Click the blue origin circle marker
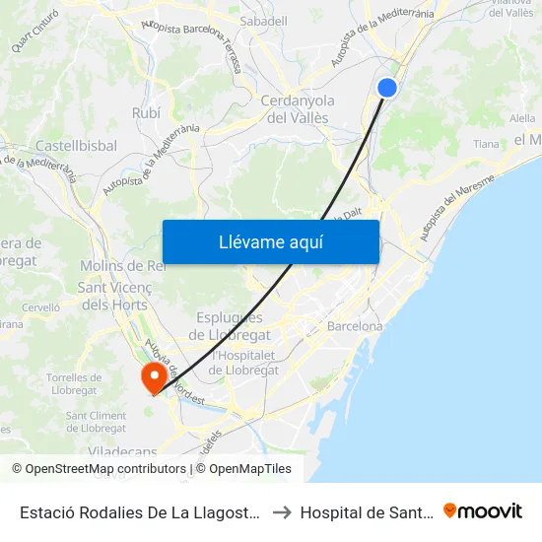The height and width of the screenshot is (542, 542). click(x=387, y=88)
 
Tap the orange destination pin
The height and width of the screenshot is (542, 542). click(x=154, y=376)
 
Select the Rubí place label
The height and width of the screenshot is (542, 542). click(x=146, y=113)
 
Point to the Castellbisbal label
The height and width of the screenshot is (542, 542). click(x=76, y=146)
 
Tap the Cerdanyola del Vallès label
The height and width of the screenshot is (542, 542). click(x=298, y=108)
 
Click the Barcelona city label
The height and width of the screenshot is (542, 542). click(x=355, y=325)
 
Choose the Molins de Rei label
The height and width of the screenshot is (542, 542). click(x=122, y=267)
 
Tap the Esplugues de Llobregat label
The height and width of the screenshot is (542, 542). click(x=229, y=325)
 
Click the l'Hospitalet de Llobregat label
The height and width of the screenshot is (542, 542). click(x=243, y=362)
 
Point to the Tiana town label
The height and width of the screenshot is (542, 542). click(x=487, y=144)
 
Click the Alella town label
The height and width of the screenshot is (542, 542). click(x=523, y=117)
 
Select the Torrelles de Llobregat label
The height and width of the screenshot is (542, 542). click(x=74, y=384)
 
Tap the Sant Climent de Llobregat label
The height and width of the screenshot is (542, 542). click(x=96, y=422)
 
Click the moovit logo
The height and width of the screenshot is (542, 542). click(x=483, y=510)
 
